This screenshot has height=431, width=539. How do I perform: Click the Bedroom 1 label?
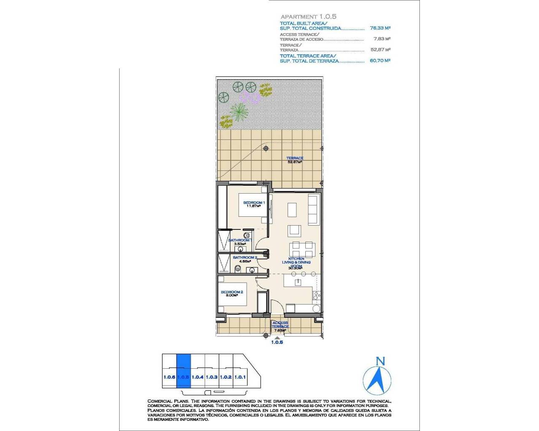(x=254, y=203)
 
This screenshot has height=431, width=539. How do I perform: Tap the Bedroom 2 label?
(x=232, y=292)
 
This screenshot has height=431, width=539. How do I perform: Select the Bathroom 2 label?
(x=245, y=258)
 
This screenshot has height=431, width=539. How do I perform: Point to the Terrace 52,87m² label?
(x=295, y=160)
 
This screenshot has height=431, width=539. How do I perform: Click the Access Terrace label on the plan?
(x=280, y=325)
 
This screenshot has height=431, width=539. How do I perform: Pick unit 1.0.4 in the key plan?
(x=197, y=377)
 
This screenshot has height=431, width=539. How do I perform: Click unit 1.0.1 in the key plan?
(x=240, y=377)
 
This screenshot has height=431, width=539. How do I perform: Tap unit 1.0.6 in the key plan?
(x=169, y=377)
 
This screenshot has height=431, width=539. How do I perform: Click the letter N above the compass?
(x=380, y=361)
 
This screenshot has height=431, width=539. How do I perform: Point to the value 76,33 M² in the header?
(x=380, y=28)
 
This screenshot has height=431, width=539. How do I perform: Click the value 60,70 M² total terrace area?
(x=380, y=61)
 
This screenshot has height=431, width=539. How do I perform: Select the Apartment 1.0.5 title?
(x=308, y=16)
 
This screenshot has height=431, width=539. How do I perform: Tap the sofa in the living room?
(x=313, y=209)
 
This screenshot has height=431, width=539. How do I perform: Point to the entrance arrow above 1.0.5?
(x=277, y=337)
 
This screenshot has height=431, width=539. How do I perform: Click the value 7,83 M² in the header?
(x=382, y=39)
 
